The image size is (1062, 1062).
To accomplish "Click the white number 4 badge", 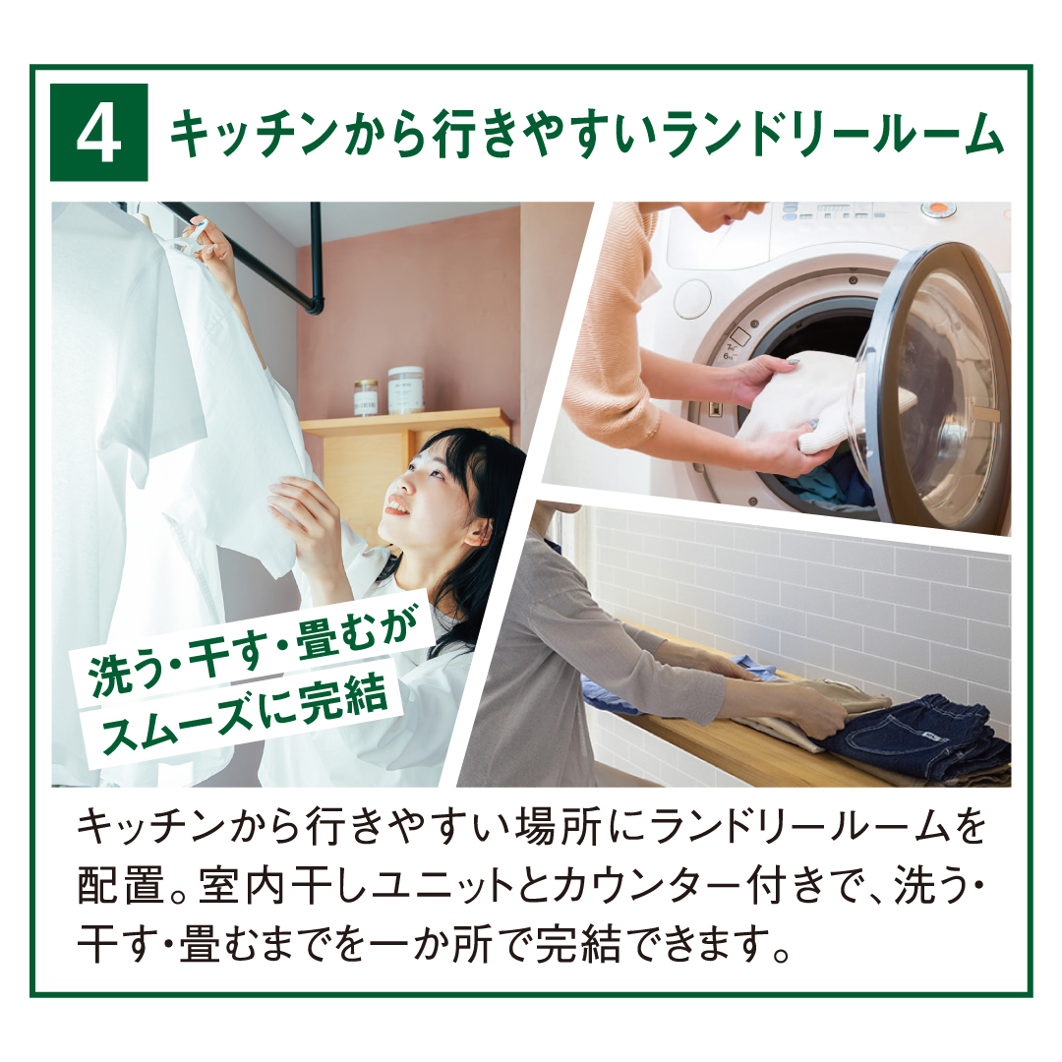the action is [99, 133].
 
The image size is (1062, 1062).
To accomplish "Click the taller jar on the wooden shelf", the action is [406, 389].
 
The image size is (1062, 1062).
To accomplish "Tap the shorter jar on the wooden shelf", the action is [366, 397].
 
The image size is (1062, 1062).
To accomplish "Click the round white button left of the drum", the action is [692, 299].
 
